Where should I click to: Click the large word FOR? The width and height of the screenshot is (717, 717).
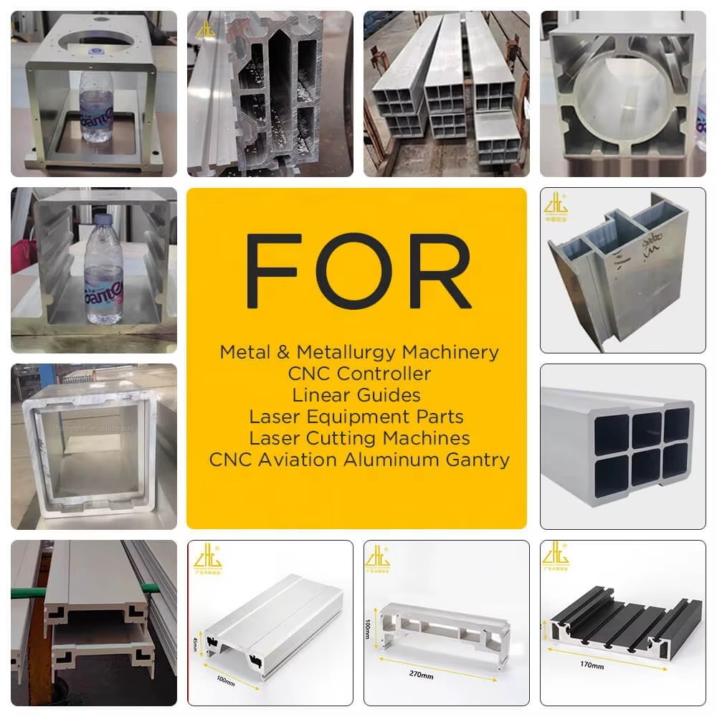click(x=356, y=270)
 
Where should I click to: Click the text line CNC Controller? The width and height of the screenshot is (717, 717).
click(x=359, y=374)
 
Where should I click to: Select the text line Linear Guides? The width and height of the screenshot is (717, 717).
click(x=356, y=395)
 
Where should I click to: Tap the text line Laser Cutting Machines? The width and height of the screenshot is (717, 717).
click(x=359, y=437)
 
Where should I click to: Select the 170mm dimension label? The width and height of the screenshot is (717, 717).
click(x=592, y=665)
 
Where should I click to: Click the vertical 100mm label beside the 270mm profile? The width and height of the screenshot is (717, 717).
click(x=369, y=630)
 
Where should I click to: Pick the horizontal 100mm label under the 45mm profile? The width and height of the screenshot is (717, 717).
click(x=224, y=681)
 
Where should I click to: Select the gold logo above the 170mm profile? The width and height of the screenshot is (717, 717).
click(x=556, y=556)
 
